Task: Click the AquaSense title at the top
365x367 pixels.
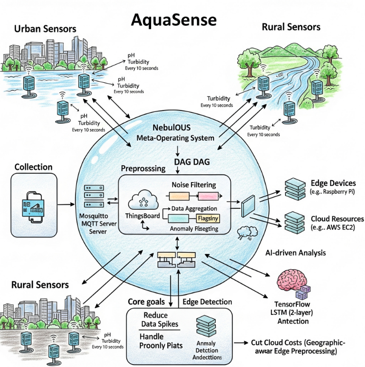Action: point(173,20)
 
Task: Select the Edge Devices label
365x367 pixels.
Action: point(333,183)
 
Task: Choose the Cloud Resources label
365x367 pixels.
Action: point(337,219)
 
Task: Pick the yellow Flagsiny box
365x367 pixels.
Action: point(209,219)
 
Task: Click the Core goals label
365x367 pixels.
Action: point(147,302)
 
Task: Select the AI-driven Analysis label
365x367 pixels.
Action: point(296,253)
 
